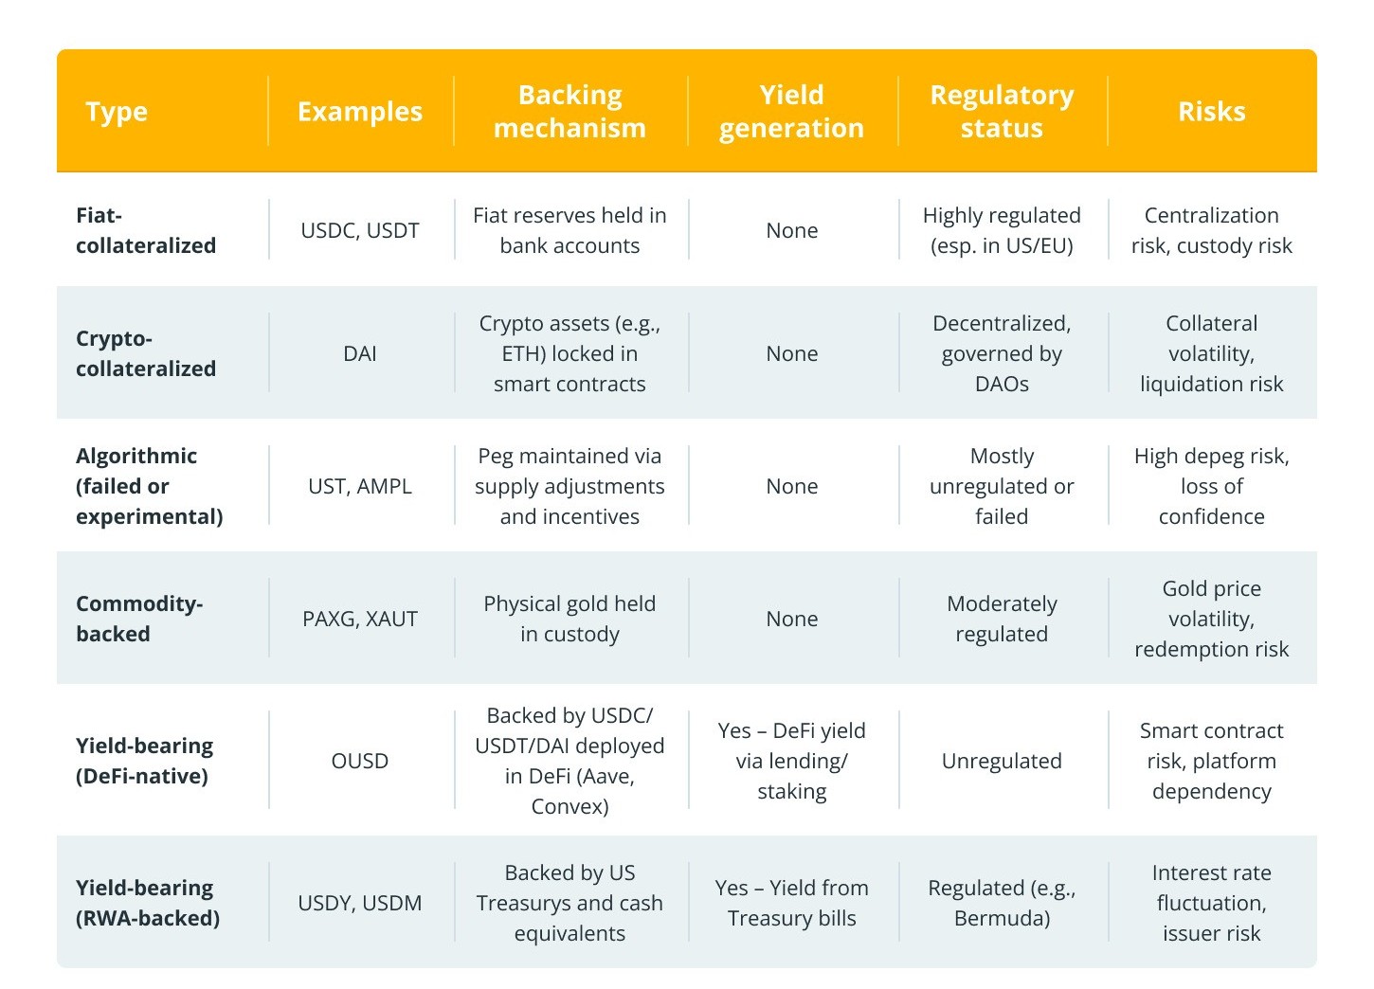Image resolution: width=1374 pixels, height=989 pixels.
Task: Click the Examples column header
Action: click(360, 112)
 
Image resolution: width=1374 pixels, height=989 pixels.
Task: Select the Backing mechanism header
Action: click(569, 112)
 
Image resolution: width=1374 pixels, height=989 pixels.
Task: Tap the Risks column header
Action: click(1211, 112)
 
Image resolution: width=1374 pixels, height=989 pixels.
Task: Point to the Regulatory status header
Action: click(1002, 112)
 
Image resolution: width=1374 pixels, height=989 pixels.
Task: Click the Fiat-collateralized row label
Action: click(146, 230)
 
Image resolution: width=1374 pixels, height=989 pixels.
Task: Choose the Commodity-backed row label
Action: click(139, 619)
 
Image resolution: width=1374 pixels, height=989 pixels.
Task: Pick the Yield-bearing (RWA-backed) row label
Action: click(148, 903)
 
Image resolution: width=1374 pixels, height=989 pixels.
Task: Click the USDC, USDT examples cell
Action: click(360, 230)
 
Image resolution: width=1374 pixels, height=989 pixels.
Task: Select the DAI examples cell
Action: click(360, 353)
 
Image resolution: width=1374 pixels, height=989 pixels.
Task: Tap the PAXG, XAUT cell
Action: click(360, 619)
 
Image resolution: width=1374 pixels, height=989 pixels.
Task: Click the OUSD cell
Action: click(360, 761)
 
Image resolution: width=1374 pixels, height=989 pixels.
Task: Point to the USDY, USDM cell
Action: click(360, 903)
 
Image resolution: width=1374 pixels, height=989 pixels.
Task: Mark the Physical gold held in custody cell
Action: click(569, 619)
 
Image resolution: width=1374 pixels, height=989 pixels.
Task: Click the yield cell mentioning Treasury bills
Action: click(791, 903)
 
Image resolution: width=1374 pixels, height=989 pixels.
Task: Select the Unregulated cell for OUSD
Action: click(1002, 761)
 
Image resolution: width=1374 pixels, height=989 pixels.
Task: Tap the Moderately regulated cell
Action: click(1002, 619)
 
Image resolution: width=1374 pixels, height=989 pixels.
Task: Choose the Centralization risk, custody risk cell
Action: click(1211, 230)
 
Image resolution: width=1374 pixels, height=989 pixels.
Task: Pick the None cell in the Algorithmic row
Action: click(791, 486)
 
